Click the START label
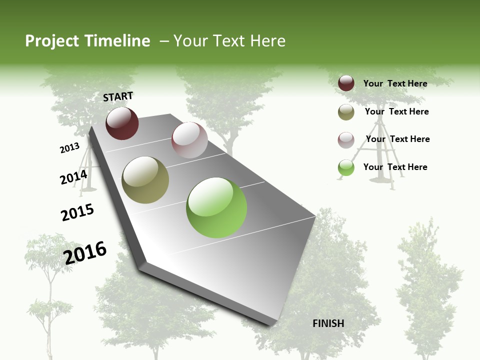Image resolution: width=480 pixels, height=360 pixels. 118,96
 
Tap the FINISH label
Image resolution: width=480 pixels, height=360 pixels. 328,323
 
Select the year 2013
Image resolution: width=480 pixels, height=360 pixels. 69,148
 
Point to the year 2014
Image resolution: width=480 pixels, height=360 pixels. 73,177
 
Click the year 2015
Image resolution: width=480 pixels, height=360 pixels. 77,212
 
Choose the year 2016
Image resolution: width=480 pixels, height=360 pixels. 85,252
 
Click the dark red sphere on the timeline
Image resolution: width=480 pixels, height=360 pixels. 122,123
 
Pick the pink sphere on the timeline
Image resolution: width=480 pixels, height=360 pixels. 189,140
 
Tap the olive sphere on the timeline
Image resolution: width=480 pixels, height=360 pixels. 145,180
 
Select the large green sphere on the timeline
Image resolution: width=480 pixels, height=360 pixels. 216,207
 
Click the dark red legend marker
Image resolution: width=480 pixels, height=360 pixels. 346,83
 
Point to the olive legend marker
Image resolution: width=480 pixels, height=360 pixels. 346,112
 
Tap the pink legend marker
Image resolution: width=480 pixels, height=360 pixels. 346,140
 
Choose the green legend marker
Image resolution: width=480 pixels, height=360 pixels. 346,167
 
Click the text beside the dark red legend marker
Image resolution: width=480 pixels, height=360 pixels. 395,83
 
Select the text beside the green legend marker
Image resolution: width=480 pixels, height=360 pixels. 395,167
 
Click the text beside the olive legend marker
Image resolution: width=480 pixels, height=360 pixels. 396,111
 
